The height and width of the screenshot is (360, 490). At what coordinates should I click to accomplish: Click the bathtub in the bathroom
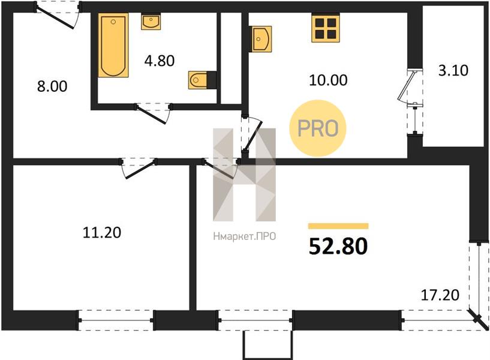click(113, 46)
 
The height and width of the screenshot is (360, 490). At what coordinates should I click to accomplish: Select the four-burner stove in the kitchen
click(325, 28)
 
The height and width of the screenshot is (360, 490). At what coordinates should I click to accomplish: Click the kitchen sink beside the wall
click(261, 39)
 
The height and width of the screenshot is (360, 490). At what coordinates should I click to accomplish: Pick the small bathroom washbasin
click(151, 22)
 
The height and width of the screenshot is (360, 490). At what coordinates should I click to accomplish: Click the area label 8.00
click(52, 86)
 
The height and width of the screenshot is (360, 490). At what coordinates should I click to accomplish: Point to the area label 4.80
click(160, 61)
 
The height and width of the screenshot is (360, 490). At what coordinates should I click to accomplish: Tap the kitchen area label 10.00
click(328, 80)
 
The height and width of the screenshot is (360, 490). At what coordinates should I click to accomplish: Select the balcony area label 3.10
click(453, 70)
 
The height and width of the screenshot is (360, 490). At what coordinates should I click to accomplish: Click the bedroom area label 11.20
click(102, 233)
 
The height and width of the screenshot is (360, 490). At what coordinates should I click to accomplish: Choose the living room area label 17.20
click(440, 295)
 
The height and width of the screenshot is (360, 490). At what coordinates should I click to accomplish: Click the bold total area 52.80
click(338, 246)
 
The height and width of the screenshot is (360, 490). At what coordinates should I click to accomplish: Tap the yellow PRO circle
click(318, 128)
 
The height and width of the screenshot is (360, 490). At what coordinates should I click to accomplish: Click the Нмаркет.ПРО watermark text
click(244, 236)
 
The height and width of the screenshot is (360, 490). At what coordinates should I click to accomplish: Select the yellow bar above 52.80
click(338, 226)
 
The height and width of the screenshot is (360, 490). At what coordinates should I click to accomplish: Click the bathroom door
click(153, 113)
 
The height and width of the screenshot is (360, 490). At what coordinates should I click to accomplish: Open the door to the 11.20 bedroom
click(138, 168)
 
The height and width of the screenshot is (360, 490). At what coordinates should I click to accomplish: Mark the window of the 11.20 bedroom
click(116, 320)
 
